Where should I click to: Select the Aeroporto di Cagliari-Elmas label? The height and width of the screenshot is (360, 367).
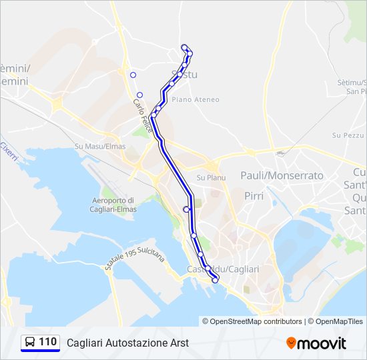[x=113, y=204]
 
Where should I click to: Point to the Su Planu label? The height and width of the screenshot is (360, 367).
[x=211, y=178]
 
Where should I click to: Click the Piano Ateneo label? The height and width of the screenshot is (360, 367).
[x=196, y=99]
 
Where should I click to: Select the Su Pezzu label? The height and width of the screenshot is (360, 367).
[x=347, y=135]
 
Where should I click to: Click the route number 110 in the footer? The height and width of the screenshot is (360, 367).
[x=47, y=342]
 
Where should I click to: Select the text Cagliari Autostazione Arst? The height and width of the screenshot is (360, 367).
[x=127, y=343]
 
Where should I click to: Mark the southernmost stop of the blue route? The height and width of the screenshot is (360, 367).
[x=215, y=281]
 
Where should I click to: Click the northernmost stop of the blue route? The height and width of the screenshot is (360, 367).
[x=184, y=47]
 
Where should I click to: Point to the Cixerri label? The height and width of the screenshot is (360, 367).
[x=7, y=149]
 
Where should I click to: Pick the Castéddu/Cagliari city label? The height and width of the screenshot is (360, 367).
[x=223, y=269]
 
